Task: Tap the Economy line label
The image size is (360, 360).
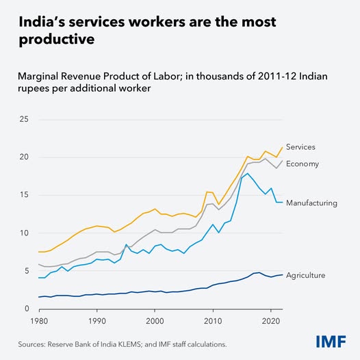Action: click(302, 164)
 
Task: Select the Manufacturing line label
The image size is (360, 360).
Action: click(311, 203)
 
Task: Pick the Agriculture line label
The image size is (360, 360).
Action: click(305, 275)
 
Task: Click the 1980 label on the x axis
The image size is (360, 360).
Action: click(39, 320)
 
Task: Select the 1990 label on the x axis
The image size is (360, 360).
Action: click(97, 320)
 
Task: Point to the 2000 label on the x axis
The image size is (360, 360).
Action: click(155, 320)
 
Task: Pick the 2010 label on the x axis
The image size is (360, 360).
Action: click(214, 320)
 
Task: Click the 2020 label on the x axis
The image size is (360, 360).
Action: click(272, 320)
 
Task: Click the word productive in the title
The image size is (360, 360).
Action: click(54, 40)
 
